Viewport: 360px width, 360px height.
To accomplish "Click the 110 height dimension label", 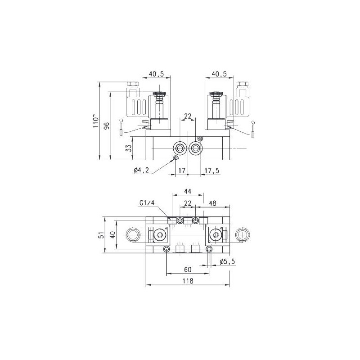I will pyautogui.click(x=95, y=121).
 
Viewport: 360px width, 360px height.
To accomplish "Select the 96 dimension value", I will pyautogui.click(x=107, y=126).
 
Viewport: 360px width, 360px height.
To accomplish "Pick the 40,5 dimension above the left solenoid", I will pyautogui.click(x=156, y=73).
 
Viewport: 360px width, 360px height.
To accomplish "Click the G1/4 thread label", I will pyautogui.click(x=148, y=204).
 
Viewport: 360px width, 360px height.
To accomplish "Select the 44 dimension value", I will pyautogui.click(x=188, y=192).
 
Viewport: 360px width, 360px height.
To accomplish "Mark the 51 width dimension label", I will pyautogui.click(x=101, y=235).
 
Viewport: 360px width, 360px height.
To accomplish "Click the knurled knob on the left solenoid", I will pyautogui.click(x=158, y=94).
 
